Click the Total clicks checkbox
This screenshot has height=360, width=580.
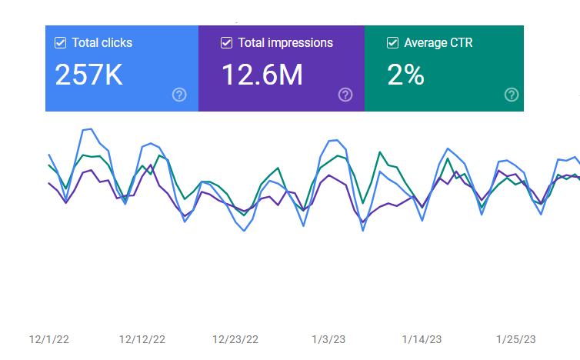(60, 43)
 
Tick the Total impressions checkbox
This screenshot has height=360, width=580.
(226, 43)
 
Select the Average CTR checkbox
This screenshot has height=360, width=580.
(392, 43)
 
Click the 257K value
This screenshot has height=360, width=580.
(88, 75)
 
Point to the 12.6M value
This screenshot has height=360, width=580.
(262, 75)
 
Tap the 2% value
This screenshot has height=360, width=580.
(405, 75)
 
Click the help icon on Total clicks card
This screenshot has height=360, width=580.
(179, 95)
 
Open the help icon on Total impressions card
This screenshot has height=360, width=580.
(345, 95)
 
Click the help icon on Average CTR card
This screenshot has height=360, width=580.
(512, 95)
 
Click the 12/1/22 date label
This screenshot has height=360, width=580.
(49, 339)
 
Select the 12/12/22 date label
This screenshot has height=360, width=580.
(142, 339)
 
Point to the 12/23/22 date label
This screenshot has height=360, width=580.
(235, 339)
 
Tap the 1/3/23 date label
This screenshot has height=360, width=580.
(328, 339)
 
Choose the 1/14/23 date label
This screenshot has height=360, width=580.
(422, 339)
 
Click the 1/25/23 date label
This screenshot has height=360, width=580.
(515, 339)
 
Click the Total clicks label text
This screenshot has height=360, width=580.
(102, 43)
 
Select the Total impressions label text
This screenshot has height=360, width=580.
(285, 43)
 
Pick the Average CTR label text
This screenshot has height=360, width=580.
(438, 43)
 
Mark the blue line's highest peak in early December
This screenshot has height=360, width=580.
(91, 129)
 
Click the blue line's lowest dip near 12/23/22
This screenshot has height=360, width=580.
(245, 231)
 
